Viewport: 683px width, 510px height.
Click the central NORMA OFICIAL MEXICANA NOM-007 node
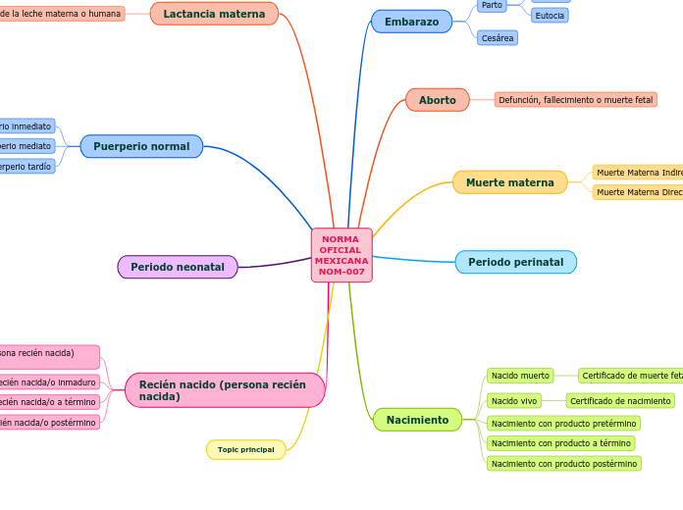pos(341,255)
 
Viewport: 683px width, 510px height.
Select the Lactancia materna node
pos(214,14)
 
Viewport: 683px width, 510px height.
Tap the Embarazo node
pos(411,22)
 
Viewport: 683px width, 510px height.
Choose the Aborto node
pos(437,100)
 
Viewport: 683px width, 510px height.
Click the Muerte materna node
pos(509,182)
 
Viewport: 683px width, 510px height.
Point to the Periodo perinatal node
pos(515,262)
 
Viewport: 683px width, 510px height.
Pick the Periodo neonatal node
pos(178,267)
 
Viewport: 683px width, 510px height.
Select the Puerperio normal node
pos(141,146)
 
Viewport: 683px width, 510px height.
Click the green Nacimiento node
pos(417,420)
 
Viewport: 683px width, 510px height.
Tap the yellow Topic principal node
pos(245,449)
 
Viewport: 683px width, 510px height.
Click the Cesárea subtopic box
pos(498,38)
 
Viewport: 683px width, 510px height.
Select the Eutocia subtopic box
pos(550,16)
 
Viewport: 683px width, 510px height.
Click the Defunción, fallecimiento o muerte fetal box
pos(575,100)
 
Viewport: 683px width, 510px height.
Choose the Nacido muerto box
pos(520,376)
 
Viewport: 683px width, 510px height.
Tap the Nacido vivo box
pos(514,400)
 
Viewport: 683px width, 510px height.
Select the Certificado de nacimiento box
pos(620,400)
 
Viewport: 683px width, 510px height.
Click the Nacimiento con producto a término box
pos(560,443)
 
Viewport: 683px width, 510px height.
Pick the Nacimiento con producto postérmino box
pos(563,464)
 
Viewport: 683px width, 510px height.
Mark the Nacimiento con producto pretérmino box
pos(564,423)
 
